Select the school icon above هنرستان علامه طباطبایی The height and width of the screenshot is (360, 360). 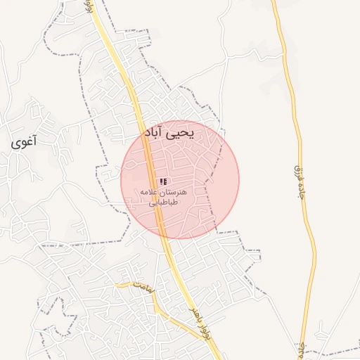pyautogui.click(x=163, y=181)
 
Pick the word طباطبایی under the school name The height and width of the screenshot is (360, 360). pyautogui.click(x=163, y=202)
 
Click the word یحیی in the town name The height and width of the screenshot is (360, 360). pyautogui.click(x=186, y=132)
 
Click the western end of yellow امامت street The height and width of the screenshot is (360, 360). pyautogui.click(x=117, y=284)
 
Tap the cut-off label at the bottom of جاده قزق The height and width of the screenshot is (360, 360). pyautogui.click(x=302, y=348)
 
